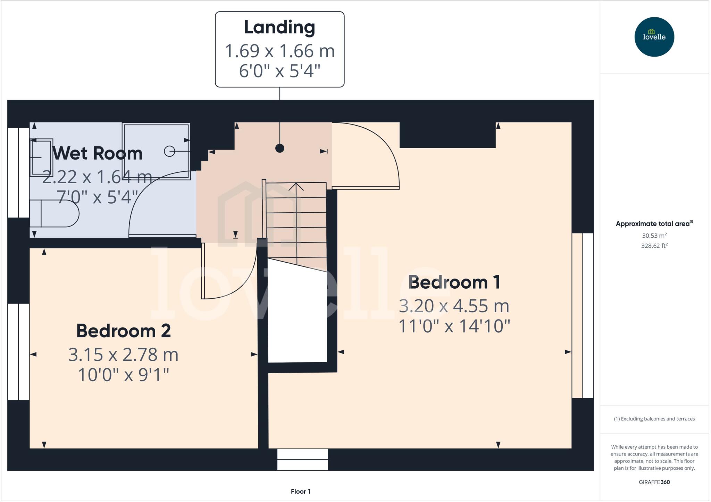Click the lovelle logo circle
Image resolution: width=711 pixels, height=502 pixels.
(654, 37)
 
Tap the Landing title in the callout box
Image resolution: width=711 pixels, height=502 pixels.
(279, 27)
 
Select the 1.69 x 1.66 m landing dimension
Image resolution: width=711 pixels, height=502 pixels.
(279, 51)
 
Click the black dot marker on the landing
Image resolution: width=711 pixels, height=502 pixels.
(280, 148)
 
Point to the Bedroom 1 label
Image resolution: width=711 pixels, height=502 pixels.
(454, 282)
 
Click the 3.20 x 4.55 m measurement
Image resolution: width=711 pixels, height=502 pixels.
(454, 306)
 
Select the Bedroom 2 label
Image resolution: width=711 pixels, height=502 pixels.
(124, 331)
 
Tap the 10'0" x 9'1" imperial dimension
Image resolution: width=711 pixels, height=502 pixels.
(124, 375)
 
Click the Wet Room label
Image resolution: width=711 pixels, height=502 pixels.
(98, 153)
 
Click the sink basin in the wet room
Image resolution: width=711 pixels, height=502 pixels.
(41, 157)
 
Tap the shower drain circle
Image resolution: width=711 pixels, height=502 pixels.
(169, 151)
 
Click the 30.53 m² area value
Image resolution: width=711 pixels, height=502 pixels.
(654, 236)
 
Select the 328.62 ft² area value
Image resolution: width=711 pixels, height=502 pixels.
(654, 246)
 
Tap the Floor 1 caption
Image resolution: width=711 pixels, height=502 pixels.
(301, 491)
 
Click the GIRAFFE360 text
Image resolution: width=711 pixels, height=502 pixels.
(654, 482)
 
